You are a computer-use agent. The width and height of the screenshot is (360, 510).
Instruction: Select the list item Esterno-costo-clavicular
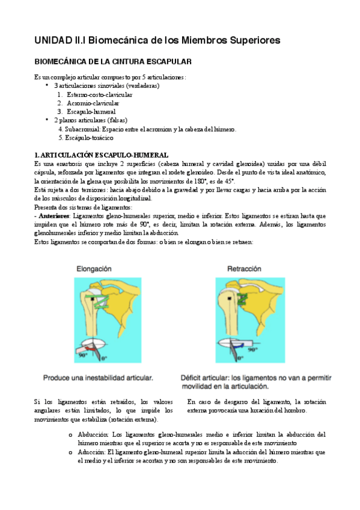pos(100,94)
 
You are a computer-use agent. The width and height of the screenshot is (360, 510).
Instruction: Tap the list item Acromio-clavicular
pos(94,103)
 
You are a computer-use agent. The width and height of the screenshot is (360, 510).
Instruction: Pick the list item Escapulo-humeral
pos(91,111)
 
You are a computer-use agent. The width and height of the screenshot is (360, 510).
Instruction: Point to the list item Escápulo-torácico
pos(89,137)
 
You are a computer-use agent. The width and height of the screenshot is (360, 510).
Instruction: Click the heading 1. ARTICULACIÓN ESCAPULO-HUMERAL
pos(101,155)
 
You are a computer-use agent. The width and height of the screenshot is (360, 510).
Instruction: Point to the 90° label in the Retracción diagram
pos(253,349)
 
